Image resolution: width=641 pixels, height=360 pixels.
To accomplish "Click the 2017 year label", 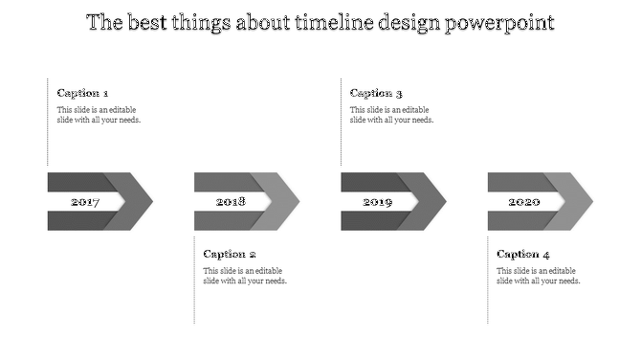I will [85, 202].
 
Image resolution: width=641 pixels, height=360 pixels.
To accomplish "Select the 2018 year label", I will [231, 202].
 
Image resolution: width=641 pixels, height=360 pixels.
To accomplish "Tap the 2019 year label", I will [377, 202].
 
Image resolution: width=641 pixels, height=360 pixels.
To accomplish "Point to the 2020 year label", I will [523, 202].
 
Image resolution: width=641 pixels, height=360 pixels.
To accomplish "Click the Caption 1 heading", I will [82, 93].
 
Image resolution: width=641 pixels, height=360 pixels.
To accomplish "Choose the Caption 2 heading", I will [230, 254].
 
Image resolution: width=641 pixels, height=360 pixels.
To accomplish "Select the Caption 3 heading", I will [376, 93].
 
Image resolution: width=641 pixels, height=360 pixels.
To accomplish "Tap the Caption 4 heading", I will [523, 254].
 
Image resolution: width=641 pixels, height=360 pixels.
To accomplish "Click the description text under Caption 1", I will [99, 115].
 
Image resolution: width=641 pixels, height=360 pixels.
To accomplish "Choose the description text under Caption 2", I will [245, 276].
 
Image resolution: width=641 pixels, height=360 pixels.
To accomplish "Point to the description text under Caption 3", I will [391, 115].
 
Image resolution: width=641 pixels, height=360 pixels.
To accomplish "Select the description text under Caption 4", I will [538, 276].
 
